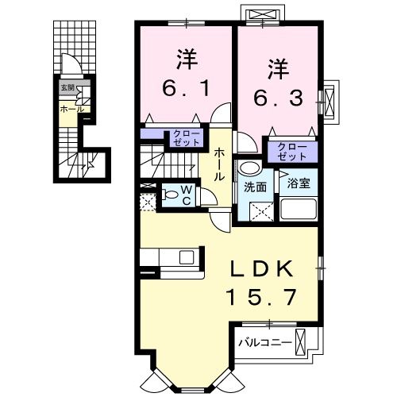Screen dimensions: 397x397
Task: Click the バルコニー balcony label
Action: (x=264, y=344)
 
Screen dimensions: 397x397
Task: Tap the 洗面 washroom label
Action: (x=254, y=188)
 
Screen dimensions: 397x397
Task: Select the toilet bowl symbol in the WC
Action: (x=168, y=193)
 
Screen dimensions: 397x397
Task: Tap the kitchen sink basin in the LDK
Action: (x=186, y=257)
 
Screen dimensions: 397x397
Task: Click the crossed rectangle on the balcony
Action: (x=300, y=342)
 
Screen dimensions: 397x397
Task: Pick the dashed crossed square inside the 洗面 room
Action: (x=260, y=211)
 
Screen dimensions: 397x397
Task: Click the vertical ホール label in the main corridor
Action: (x=218, y=163)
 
